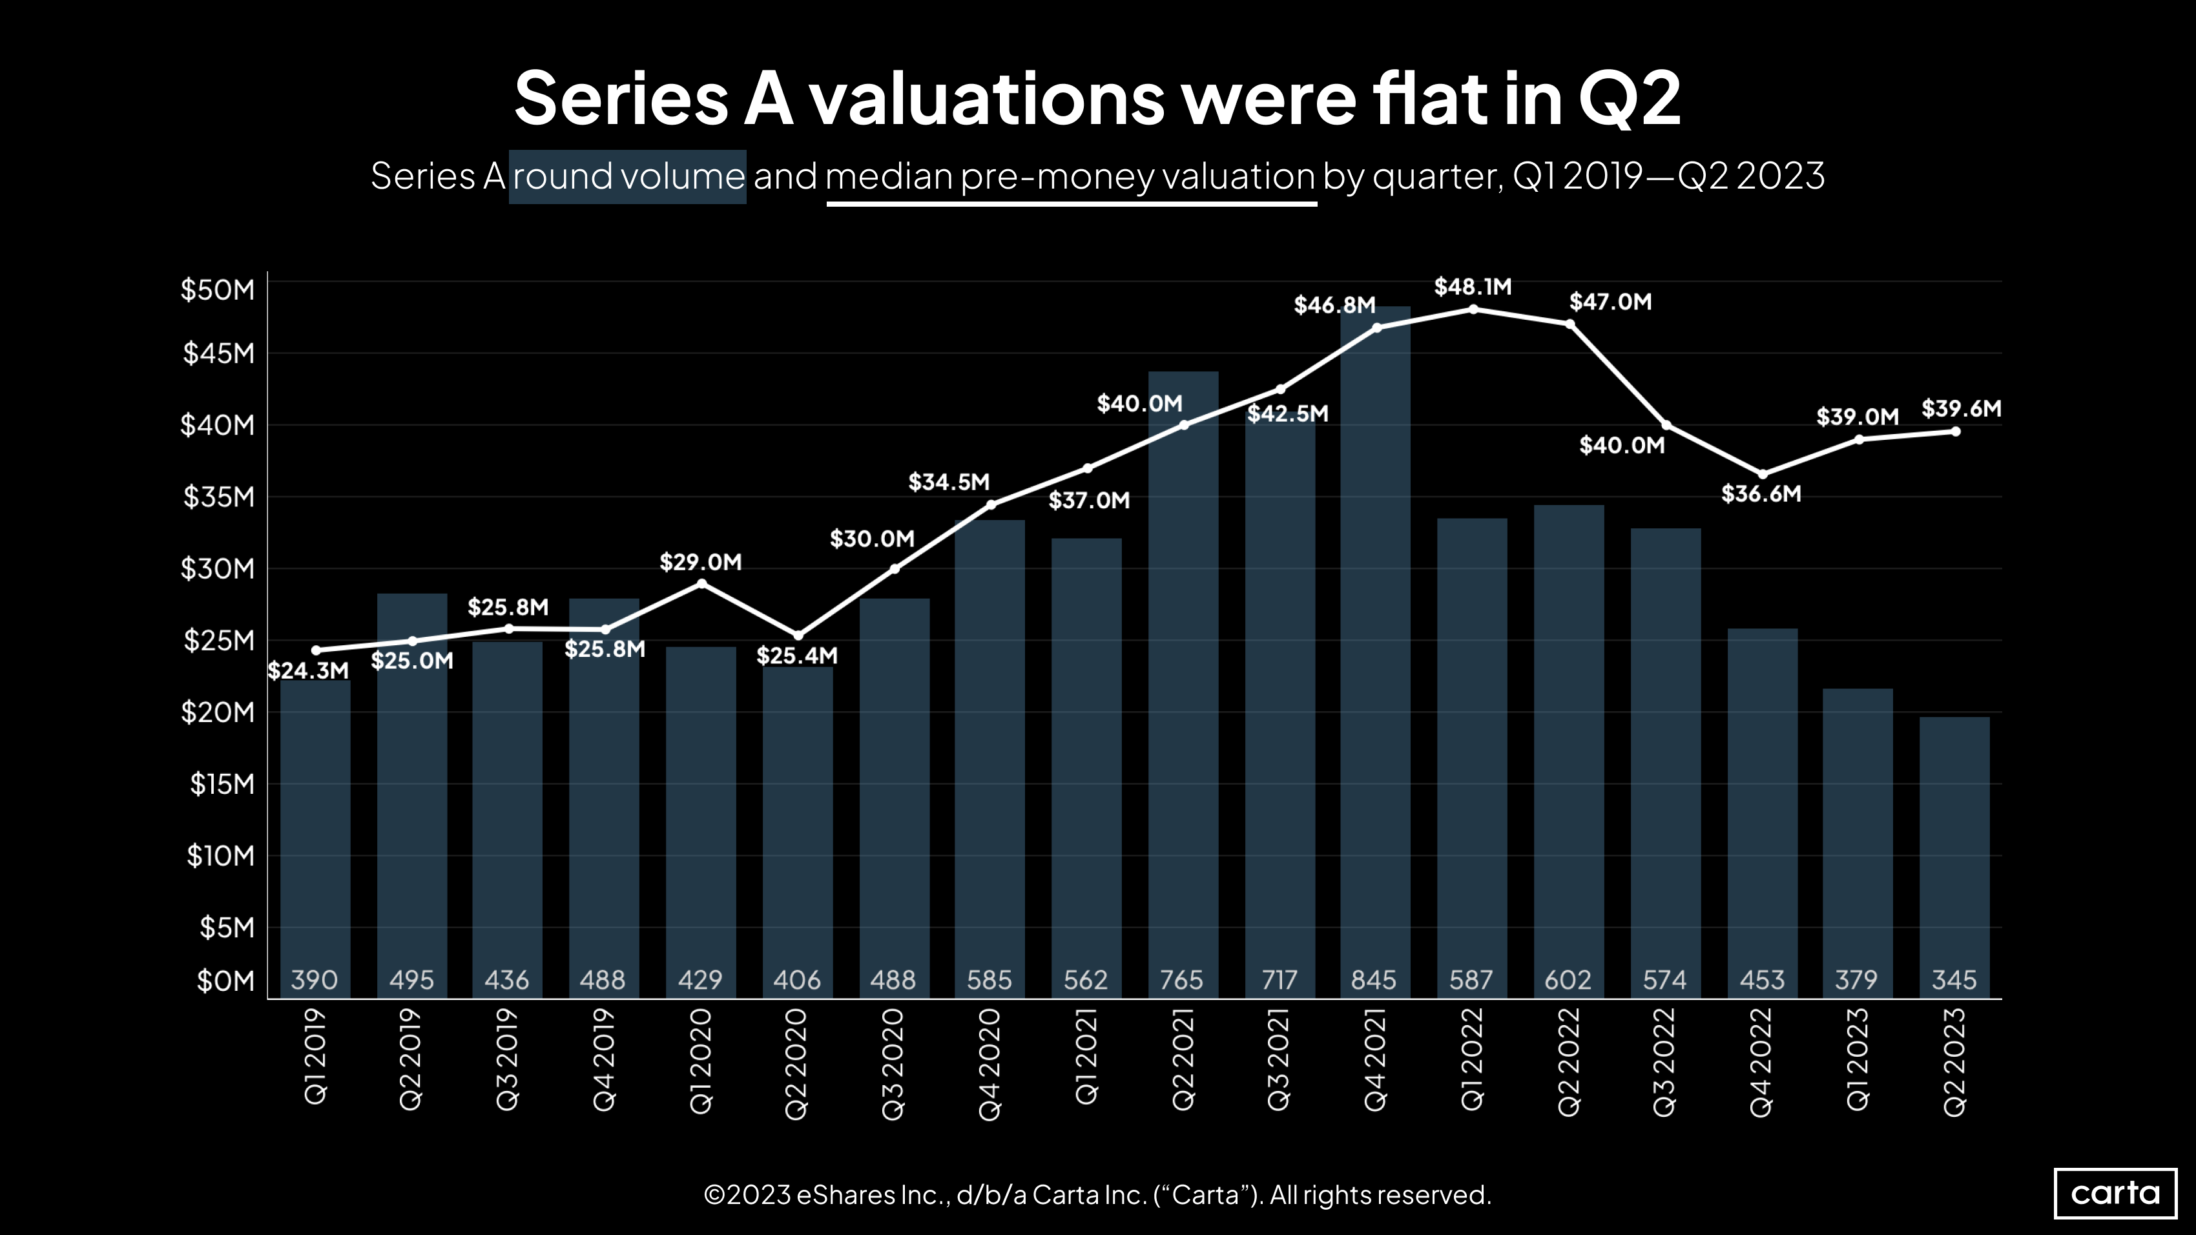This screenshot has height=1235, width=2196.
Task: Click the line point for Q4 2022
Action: tap(1762, 475)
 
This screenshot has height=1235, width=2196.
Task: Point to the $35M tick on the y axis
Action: tap(218, 496)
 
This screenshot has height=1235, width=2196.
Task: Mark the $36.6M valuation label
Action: tap(1761, 493)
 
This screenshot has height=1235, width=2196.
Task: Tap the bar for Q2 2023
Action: tap(1954, 853)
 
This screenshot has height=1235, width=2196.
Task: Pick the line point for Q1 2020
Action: tap(701, 584)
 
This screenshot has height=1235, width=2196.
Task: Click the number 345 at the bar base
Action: tap(1954, 980)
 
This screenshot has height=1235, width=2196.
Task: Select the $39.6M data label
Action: tap(1961, 408)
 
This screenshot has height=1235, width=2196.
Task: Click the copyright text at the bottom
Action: tap(1097, 1195)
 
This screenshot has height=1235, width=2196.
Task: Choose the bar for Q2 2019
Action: tap(412, 793)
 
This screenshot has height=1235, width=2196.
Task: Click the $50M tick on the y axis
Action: tap(218, 290)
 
